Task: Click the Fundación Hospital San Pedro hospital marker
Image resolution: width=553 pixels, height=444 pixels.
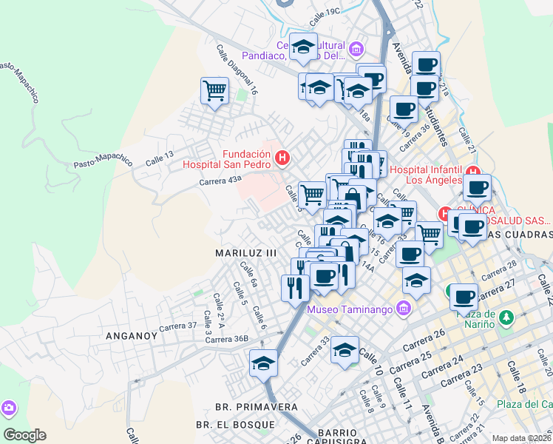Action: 281,158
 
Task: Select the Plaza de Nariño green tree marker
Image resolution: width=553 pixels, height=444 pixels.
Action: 506,318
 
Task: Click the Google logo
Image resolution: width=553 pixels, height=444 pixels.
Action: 24,435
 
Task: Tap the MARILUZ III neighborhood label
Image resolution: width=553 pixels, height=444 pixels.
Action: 245,252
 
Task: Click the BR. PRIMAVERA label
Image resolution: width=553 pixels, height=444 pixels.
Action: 256,407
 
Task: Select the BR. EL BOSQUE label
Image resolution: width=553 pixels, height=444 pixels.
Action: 236,425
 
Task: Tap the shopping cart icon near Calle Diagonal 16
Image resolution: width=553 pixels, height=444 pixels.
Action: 214,92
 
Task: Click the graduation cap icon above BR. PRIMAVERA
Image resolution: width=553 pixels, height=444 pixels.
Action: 263,363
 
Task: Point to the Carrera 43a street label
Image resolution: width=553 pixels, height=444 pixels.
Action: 220,181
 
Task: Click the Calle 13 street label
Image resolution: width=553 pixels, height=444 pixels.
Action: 159,158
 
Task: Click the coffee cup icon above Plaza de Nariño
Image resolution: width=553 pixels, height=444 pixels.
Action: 464,297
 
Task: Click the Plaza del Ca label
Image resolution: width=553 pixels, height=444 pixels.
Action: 524,404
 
